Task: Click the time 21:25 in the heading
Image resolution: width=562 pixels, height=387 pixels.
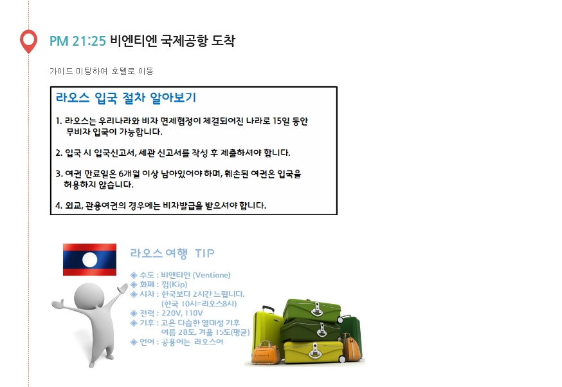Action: (89, 41)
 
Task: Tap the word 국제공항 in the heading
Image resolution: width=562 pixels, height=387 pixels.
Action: (184, 41)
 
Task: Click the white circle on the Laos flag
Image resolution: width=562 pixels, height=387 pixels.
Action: (89, 260)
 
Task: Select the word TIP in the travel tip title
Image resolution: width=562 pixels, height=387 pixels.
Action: (204, 254)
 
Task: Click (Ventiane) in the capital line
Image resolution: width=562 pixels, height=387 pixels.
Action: (212, 276)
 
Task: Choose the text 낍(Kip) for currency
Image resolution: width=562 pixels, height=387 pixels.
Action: (174, 285)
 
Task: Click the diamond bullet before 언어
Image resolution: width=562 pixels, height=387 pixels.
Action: (134, 342)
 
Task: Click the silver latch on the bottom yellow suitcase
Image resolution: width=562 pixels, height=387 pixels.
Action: (315, 352)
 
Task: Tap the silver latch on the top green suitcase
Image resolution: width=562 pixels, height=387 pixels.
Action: (316, 309)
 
